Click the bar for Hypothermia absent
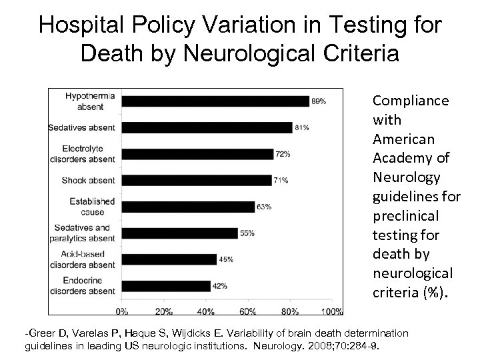coord(216,101)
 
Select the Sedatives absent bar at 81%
coord(207,127)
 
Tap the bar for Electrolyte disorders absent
coord(198,154)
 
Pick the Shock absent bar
coord(197,180)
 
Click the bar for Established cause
coord(189,207)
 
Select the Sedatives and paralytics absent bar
coord(180,233)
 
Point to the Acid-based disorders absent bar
coord(169,259)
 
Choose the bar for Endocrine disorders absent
coord(166,285)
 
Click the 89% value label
coord(319,101)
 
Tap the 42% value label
coord(219,286)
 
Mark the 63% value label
coord(263,207)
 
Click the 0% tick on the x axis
coord(123,311)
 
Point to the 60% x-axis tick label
coord(248,311)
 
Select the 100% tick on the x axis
coord(333,311)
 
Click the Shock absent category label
coord(88,180)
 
